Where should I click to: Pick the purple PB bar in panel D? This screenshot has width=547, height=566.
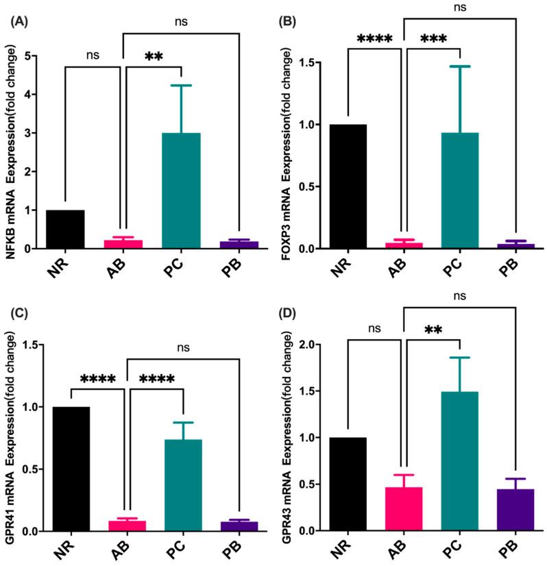[x=514, y=510]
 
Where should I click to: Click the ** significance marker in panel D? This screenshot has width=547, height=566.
[x=434, y=331]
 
